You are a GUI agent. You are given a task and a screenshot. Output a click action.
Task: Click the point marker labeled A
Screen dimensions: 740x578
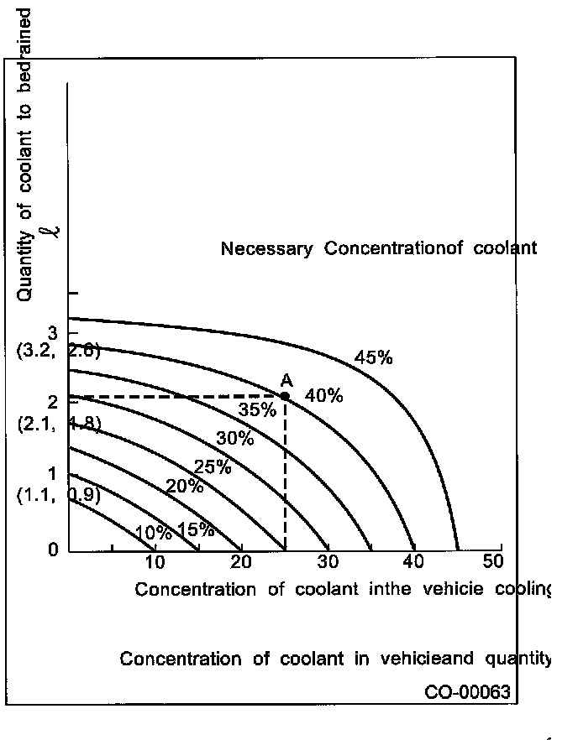click(x=285, y=396)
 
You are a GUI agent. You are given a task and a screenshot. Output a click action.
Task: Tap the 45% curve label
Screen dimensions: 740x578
click(x=374, y=357)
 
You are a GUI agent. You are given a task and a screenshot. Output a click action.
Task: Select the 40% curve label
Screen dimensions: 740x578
click(x=323, y=396)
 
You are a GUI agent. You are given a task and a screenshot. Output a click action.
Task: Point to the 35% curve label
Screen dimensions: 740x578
click(x=256, y=410)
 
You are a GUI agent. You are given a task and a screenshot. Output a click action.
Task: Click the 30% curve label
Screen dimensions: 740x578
click(x=235, y=438)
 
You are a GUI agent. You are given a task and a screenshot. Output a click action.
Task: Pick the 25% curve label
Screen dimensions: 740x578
click(x=212, y=467)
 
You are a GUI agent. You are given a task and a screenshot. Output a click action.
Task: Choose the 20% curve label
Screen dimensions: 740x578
click(x=184, y=487)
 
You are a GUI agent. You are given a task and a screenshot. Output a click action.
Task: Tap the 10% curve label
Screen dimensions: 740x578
click(x=153, y=533)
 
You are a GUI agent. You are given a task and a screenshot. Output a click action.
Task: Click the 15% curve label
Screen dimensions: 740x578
click(x=195, y=530)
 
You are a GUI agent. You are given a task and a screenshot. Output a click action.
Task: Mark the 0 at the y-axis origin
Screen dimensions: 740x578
click(x=53, y=550)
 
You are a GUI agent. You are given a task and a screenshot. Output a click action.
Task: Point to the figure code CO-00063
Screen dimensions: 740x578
click(x=467, y=692)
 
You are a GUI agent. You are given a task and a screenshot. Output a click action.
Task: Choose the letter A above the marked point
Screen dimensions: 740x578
click(x=286, y=380)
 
